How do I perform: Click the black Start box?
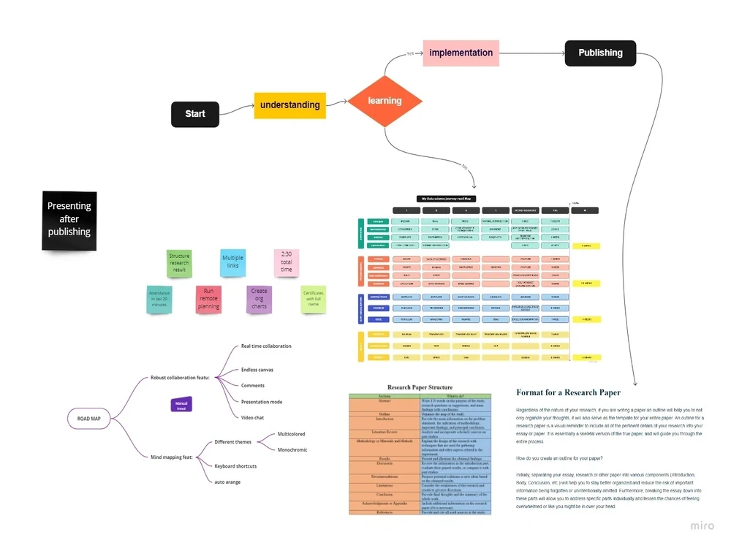(195, 114)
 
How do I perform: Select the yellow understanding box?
(289, 105)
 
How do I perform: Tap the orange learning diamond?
(385, 101)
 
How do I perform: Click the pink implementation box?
(461, 53)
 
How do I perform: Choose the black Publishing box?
(600, 53)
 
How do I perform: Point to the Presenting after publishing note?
(69, 219)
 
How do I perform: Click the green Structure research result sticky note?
(179, 263)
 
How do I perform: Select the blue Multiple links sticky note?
(232, 262)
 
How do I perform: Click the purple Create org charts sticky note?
(259, 300)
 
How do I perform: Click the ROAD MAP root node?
(89, 419)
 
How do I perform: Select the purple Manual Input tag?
(181, 404)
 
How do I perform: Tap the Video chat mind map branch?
(252, 418)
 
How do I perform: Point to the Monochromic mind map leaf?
(292, 450)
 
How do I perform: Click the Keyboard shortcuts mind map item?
(235, 466)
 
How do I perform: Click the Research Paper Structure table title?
(420, 387)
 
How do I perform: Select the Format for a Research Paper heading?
(568, 392)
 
